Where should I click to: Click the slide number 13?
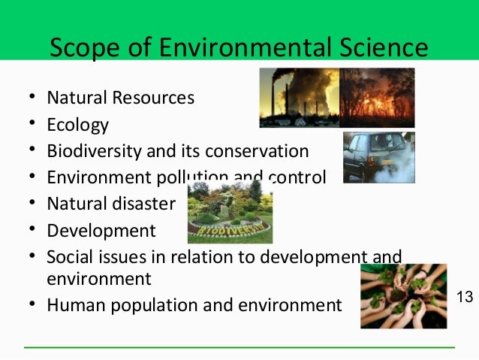465,298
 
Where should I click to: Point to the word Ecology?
77,125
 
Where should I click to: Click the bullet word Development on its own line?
101,231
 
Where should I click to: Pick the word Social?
69,257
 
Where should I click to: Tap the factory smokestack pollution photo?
299,98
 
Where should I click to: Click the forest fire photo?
377,98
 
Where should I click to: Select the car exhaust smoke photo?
378,157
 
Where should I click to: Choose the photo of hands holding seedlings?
403,295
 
